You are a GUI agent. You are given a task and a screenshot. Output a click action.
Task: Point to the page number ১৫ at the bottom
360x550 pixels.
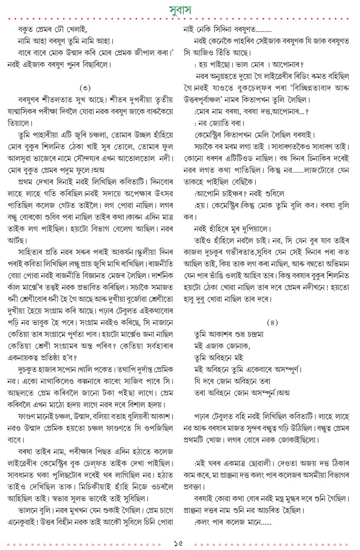[180, 539]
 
